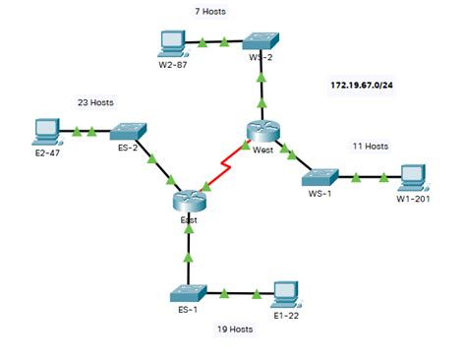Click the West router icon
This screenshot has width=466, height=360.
click(262, 132)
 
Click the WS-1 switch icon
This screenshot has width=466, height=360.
click(320, 177)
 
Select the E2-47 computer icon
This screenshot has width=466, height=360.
click(45, 130)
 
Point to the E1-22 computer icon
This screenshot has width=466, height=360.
click(286, 291)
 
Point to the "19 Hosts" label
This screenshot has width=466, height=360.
click(235, 329)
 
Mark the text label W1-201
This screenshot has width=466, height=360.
click(414, 200)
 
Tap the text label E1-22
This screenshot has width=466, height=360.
click(285, 314)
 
